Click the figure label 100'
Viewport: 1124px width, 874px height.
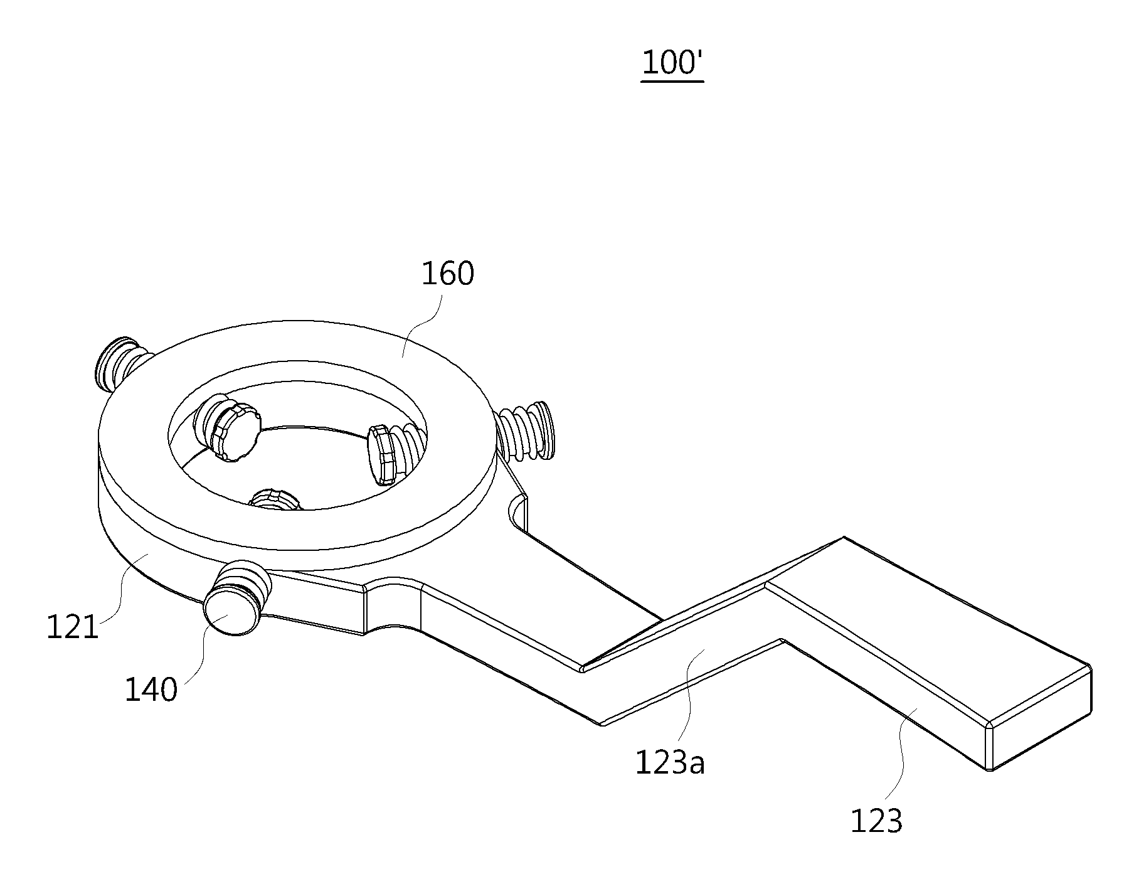point(672,63)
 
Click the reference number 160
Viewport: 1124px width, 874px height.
point(447,274)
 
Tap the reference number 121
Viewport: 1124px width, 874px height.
point(73,627)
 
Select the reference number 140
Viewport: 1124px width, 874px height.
point(151,690)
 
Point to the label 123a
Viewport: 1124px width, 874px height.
point(670,763)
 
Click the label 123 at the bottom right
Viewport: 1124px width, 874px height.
point(876,821)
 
